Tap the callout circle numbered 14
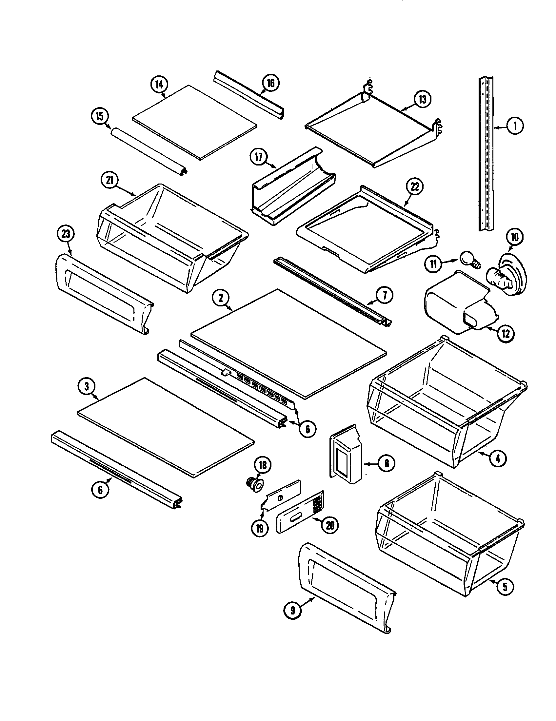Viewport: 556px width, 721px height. [159, 85]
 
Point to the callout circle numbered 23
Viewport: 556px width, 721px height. [66, 234]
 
